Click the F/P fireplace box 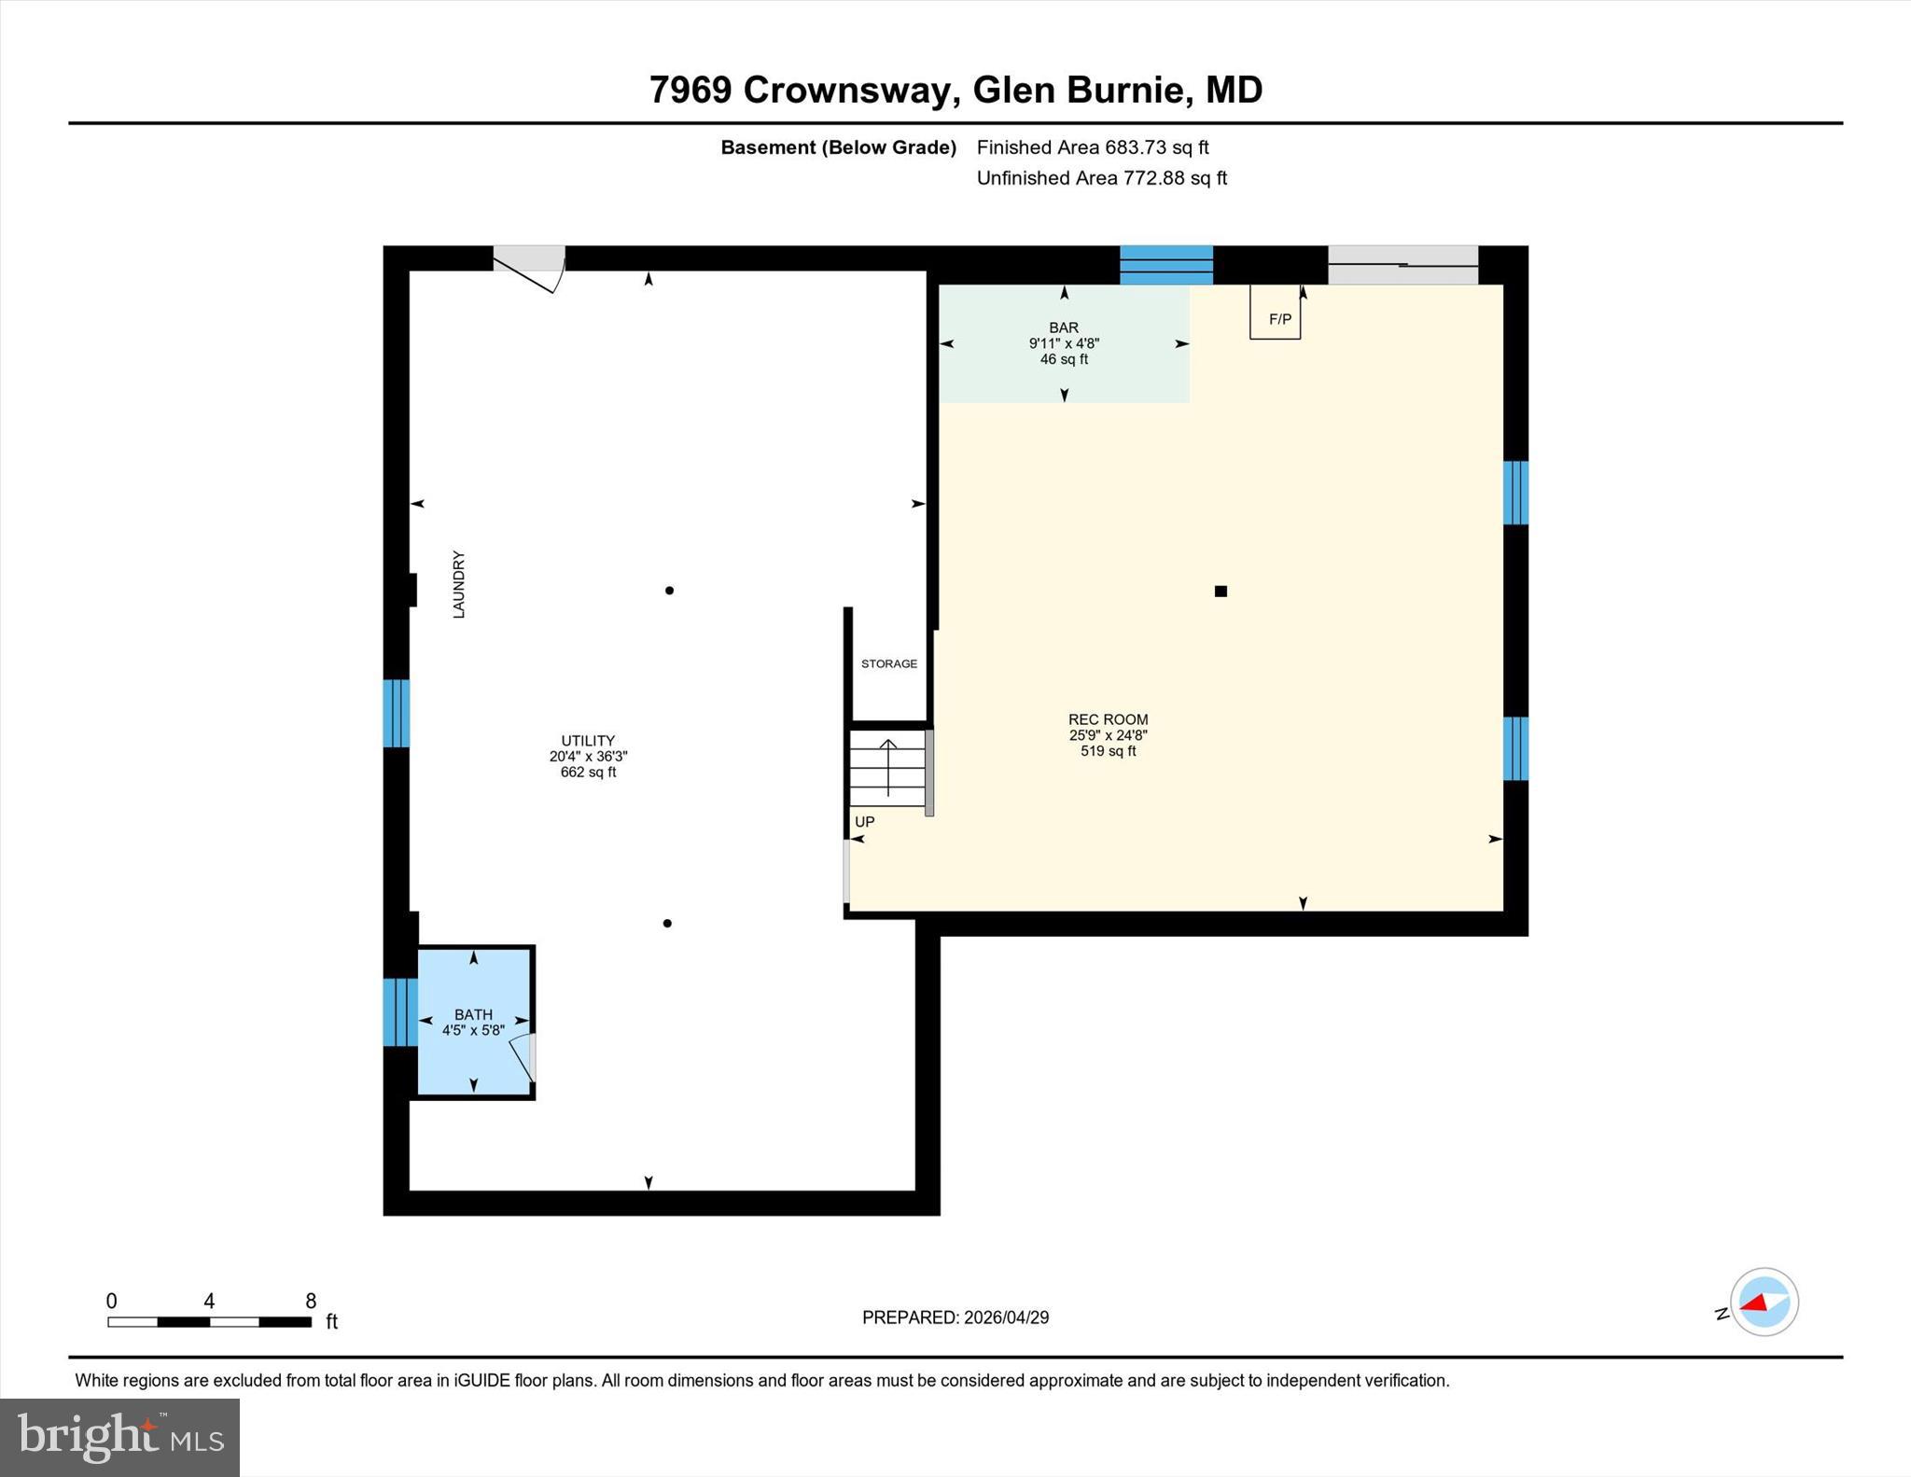pos(1275,312)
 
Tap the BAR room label pos(1064,327)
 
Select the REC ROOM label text pos(1108,719)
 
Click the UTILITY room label pos(588,741)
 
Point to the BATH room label pos(473,1014)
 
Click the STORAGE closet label pos(889,663)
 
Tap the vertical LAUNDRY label pos(458,584)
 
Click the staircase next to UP pos(887,769)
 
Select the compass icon pos(1764,1302)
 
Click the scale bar pos(209,1321)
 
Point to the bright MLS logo pos(119,1437)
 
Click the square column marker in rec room pos(1221,591)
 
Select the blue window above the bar pos(1166,265)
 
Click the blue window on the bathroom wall pos(400,1011)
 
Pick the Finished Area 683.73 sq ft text pos(1093,147)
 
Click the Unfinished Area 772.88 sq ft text pos(1102,178)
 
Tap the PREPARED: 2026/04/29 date pos(955,1317)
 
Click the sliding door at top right pos(1403,265)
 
